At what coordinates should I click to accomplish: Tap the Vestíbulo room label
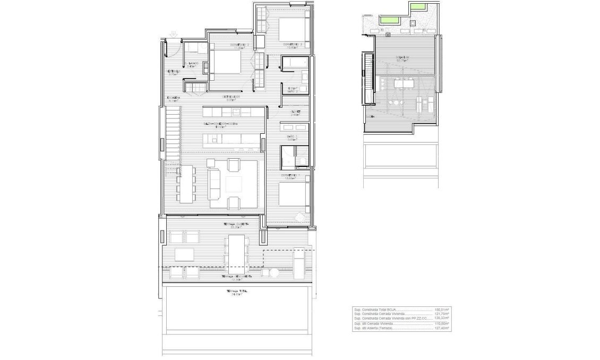174,72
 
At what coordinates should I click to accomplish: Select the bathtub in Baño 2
294,64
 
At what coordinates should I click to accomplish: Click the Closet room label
296,112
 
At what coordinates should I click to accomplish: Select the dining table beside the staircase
186,183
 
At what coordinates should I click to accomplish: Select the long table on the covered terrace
237,250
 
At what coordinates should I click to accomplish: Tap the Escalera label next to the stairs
174,98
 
